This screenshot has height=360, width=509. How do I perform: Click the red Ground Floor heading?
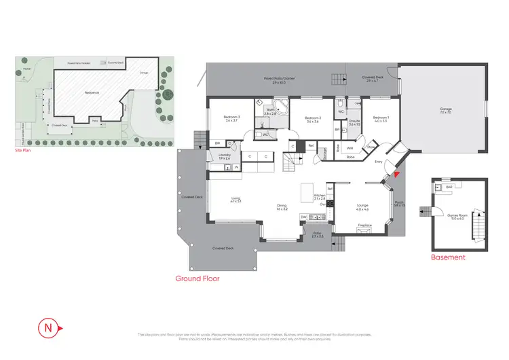point(197,278)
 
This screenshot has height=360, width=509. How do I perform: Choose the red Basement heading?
point(448,257)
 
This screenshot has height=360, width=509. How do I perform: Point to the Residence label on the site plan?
point(92,92)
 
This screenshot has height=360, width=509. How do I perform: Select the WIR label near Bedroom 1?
point(350,147)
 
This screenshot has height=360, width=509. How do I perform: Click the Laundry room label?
point(224,156)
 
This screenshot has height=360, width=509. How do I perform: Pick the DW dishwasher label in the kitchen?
point(305,217)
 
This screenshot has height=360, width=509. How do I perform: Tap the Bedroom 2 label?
point(312,119)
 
